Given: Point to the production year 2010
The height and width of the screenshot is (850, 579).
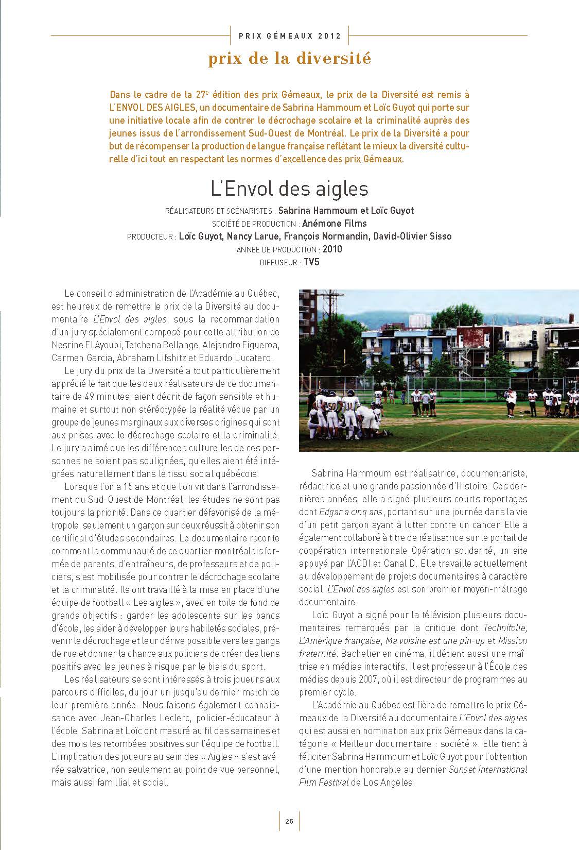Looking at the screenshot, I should point(332,249).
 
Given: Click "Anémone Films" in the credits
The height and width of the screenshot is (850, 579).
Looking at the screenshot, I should point(334,224).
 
